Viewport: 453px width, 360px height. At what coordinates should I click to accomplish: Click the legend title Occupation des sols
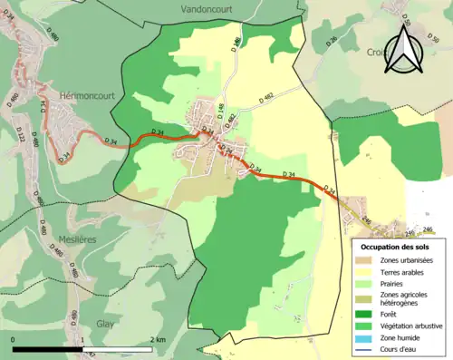tap(395, 247)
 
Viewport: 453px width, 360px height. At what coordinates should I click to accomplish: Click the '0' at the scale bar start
tap(13, 339)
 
